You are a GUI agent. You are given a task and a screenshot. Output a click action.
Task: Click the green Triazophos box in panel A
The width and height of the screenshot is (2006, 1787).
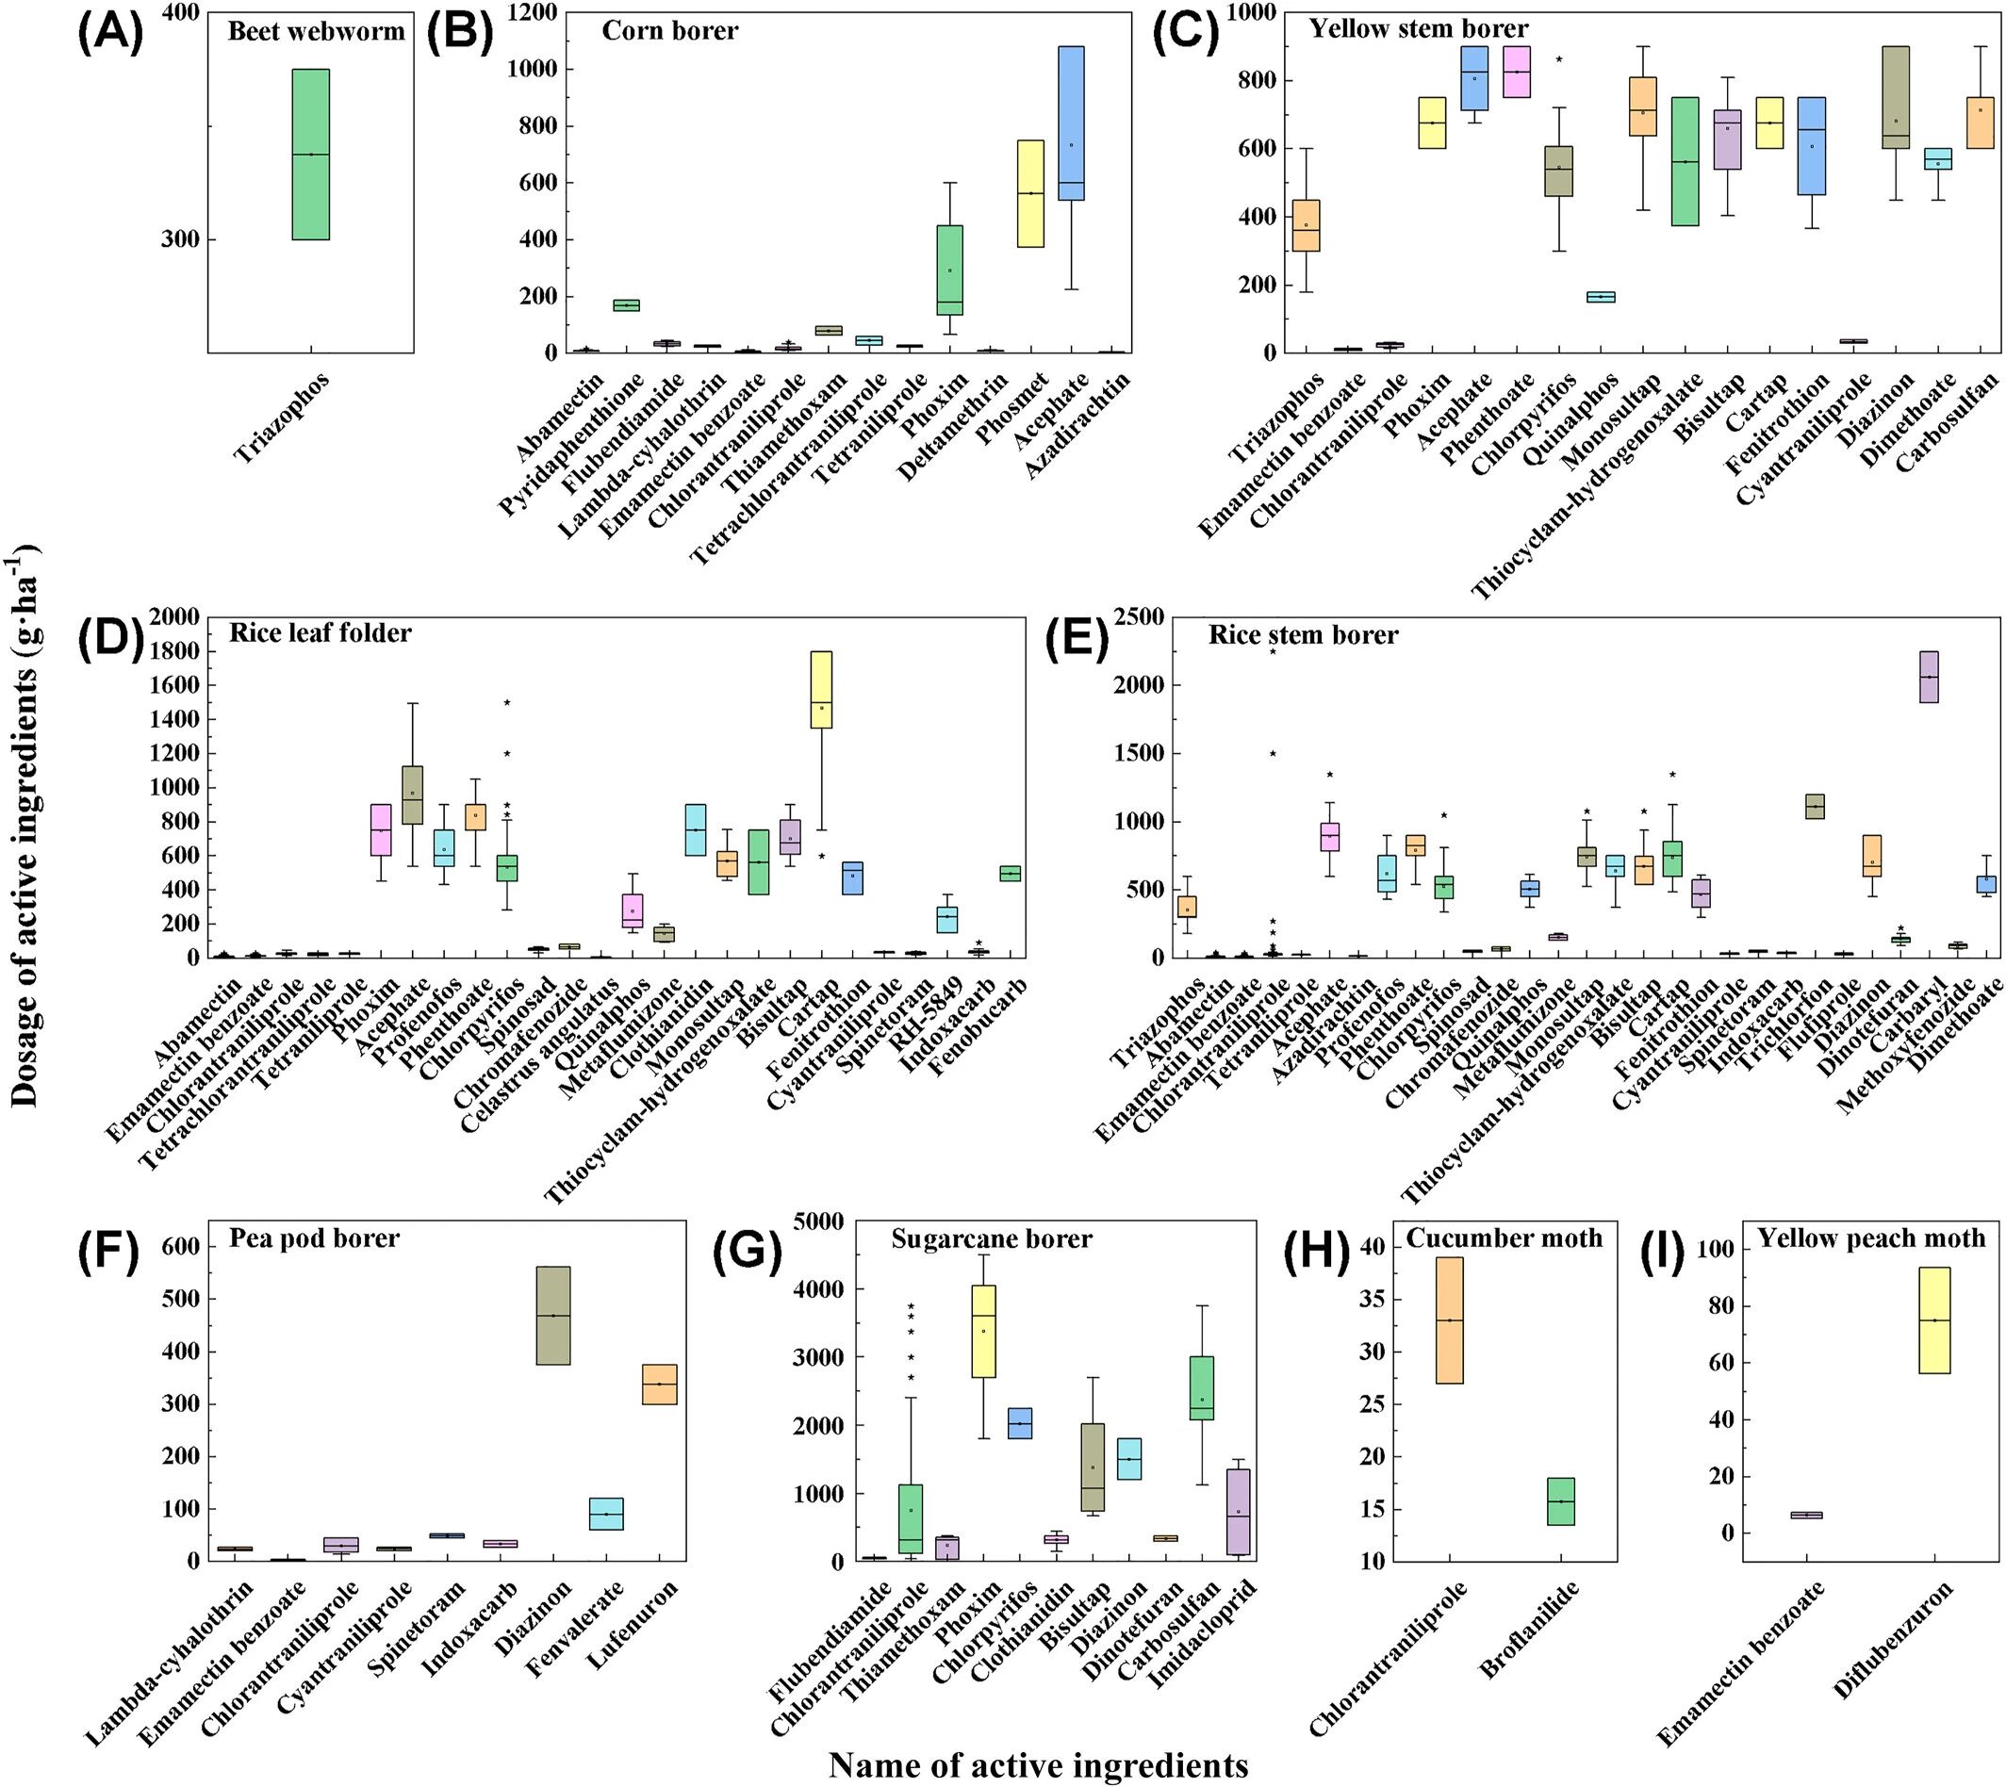(x=310, y=155)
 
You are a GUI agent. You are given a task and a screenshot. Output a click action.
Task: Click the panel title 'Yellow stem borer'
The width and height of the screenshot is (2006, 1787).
(x=1419, y=28)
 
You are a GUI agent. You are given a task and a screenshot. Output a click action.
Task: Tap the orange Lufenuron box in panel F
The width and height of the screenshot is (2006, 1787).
(x=659, y=1385)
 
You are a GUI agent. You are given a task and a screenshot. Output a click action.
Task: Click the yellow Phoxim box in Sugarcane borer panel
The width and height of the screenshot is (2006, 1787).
(x=983, y=1332)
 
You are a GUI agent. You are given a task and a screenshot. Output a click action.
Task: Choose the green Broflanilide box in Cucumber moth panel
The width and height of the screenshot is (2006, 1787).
(x=1560, y=1501)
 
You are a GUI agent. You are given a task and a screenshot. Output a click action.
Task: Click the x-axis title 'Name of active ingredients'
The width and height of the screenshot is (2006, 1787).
(x=1038, y=1764)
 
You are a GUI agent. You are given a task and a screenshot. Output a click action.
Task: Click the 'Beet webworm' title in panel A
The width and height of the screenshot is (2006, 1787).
(x=316, y=31)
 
